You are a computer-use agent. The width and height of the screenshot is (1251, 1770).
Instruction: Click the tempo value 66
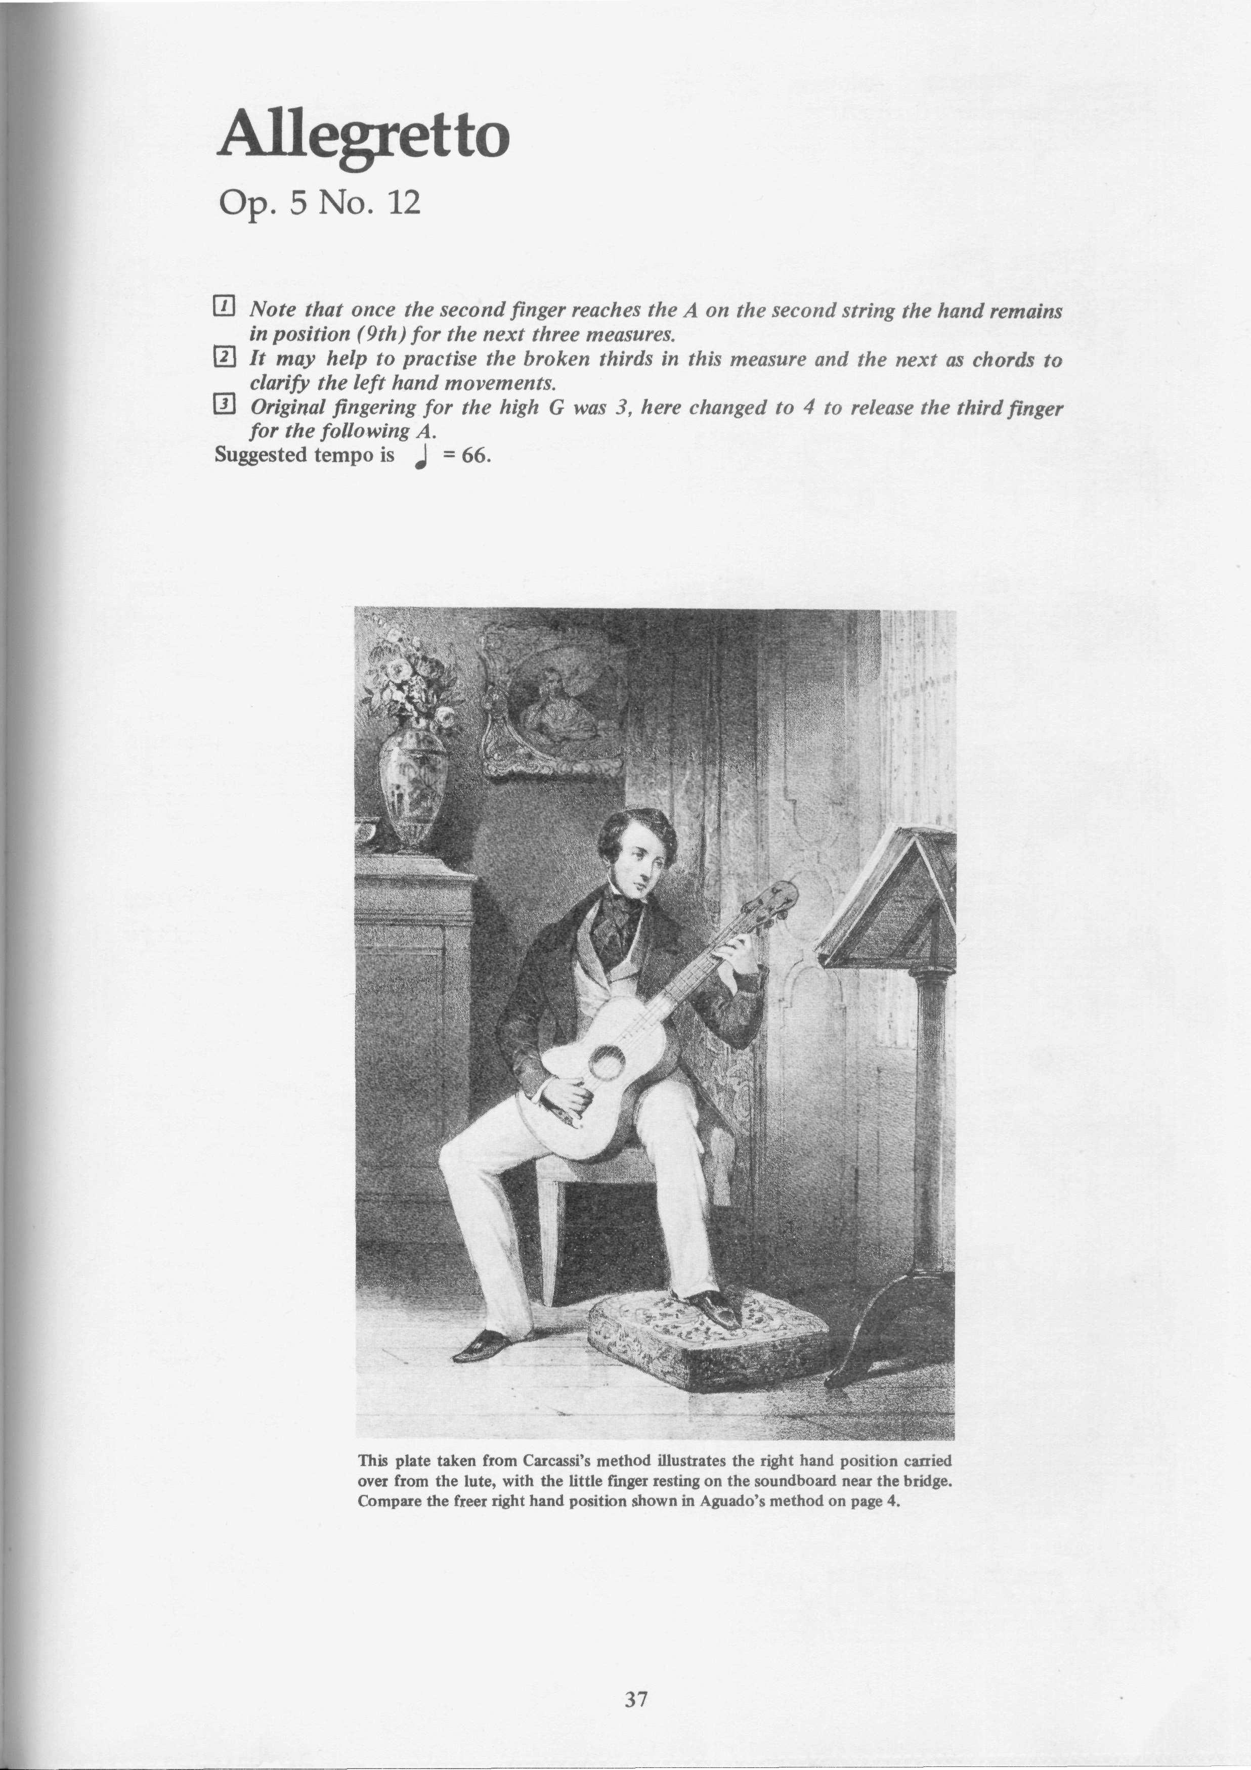pyautogui.click(x=476, y=456)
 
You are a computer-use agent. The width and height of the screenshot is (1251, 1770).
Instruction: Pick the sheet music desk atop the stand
pyautogui.click(x=887, y=898)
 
